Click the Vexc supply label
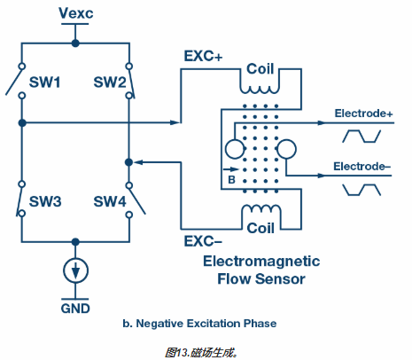(76, 13)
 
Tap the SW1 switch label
(44, 82)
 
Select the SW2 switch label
(110, 82)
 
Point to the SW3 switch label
(45, 201)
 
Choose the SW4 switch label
(110, 201)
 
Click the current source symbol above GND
(75, 270)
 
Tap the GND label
(75, 309)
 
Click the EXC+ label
(203, 56)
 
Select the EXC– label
(203, 241)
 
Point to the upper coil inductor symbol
(260, 90)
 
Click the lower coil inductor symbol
(261, 209)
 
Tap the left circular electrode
(235, 149)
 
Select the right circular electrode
(286, 149)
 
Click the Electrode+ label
(363, 113)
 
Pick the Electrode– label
(362, 167)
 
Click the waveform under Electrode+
(361, 137)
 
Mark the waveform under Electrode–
(361, 190)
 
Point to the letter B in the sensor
(231, 179)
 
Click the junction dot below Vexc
(75, 43)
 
